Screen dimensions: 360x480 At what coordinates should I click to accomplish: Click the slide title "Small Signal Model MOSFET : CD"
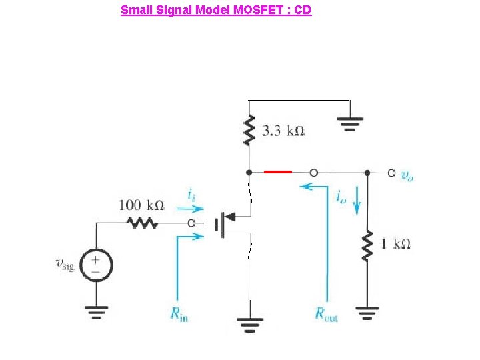click(x=215, y=10)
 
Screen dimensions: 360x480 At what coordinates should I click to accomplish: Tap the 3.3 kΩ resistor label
click(x=283, y=131)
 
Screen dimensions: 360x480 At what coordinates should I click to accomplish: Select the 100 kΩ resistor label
click(x=141, y=205)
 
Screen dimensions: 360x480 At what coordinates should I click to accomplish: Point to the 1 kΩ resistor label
click(x=395, y=244)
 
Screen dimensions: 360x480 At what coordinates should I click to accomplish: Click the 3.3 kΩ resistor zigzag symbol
click(x=249, y=131)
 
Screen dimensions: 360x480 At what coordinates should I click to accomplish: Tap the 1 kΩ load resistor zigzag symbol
click(x=367, y=245)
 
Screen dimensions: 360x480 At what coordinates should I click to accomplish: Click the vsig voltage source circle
click(x=97, y=265)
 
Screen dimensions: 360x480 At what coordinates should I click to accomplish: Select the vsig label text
click(x=65, y=265)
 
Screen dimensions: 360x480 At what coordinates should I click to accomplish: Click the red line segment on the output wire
click(x=277, y=172)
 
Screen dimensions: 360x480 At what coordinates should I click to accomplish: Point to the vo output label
click(x=407, y=175)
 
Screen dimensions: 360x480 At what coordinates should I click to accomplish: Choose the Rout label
click(x=327, y=313)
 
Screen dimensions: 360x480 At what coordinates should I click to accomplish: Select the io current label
click(x=341, y=197)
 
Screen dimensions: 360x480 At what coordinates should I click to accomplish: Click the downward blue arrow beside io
click(x=357, y=201)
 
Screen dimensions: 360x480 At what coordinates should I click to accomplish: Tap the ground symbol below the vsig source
click(x=97, y=311)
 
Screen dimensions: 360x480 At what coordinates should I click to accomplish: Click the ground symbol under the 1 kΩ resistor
click(x=367, y=312)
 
